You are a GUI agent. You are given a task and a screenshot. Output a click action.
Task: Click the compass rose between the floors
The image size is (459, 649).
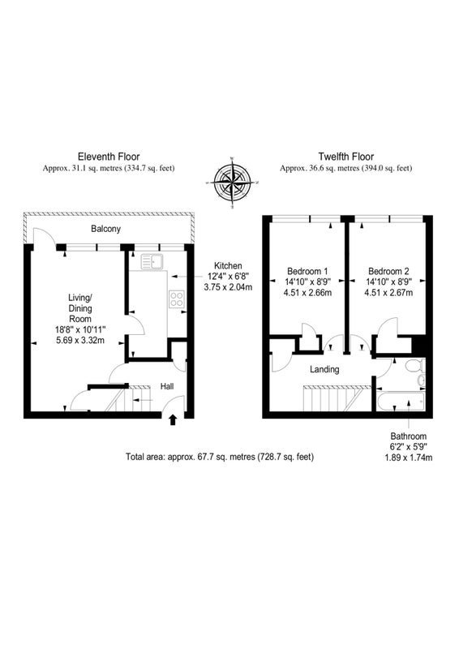click(233, 183)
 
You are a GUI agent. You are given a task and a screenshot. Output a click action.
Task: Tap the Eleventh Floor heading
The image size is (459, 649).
click(109, 157)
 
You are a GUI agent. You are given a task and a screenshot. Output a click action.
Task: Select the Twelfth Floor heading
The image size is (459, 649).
click(346, 157)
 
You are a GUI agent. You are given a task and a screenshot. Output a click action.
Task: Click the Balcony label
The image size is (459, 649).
click(106, 229)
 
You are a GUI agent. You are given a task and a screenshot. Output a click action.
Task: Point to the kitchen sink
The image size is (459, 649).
click(152, 261)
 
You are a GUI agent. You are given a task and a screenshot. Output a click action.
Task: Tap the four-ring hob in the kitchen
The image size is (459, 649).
click(177, 299)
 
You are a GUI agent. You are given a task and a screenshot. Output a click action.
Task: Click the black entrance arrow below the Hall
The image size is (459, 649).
click(173, 420)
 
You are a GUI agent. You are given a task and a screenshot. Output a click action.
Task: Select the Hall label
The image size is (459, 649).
click(167, 387)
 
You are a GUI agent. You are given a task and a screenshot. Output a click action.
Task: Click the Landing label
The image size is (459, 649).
click(324, 369)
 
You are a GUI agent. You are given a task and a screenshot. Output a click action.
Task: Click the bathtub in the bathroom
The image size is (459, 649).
click(401, 402)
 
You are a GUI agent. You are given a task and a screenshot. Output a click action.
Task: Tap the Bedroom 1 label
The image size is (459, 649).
click(307, 272)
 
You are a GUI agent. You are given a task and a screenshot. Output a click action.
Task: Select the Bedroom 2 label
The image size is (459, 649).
click(388, 272)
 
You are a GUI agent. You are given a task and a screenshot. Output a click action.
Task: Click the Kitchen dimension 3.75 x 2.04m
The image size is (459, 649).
click(228, 287)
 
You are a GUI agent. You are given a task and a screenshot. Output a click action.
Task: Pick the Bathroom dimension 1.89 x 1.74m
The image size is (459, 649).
click(409, 458)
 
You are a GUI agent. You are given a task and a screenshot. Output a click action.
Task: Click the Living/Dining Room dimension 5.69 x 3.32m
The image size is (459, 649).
click(80, 341)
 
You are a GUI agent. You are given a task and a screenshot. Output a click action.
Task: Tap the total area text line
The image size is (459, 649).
click(220, 457)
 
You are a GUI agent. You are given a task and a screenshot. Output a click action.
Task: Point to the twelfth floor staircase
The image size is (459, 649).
click(337, 398)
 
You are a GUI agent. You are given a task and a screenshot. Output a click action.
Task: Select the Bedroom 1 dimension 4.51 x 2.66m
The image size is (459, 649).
click(307, 293)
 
